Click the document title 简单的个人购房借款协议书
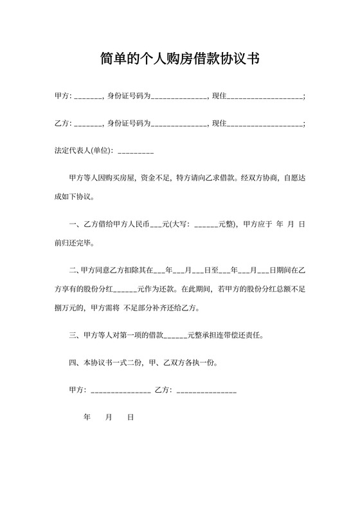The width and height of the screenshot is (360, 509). tap(179, 60)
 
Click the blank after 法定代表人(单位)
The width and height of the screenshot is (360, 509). tap(136, 152)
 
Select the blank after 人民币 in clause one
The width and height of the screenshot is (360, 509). tap(156, 226)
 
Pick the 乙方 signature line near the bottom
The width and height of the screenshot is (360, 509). tap(206, 391)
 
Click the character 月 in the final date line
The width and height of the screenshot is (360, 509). tap(109, 417)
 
